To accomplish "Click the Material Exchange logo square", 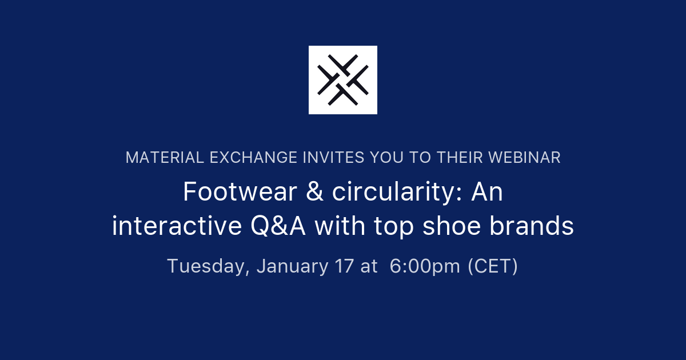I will pyautogui.click(x=343, y=80).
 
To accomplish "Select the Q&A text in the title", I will pyautogui.click(x=278, y=227).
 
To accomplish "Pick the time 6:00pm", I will pyautogui.click(x=425, y=266).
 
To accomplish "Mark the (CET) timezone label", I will pyautogui.click(x=493, y=266).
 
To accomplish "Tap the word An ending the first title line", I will pyautogui.click(x=487, y=193).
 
